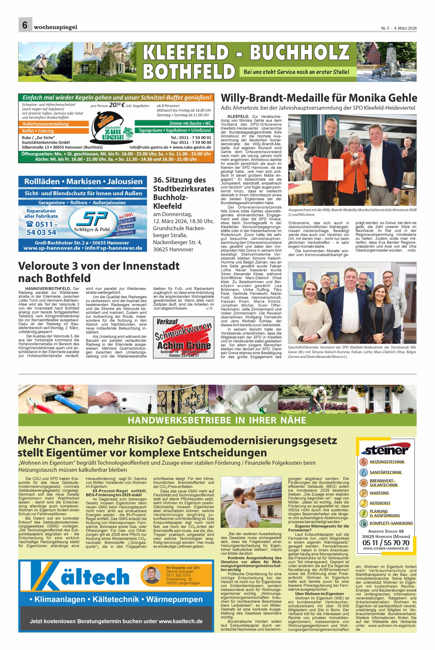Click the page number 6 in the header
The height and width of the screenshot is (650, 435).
(x=25, y=25)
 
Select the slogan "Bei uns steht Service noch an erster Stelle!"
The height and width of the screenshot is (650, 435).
(x=296, y=72)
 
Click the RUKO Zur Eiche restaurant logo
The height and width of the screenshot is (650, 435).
(x=111, y=128)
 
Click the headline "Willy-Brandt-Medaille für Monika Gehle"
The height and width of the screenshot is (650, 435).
(x=319, y=98)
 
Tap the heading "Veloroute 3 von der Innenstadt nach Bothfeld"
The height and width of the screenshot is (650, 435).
(x=98, y=272)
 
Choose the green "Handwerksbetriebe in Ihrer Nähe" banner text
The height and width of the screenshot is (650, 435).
(x=217, y=420)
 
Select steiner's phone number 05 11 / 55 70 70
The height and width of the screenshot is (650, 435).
(x=386, y=542)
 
